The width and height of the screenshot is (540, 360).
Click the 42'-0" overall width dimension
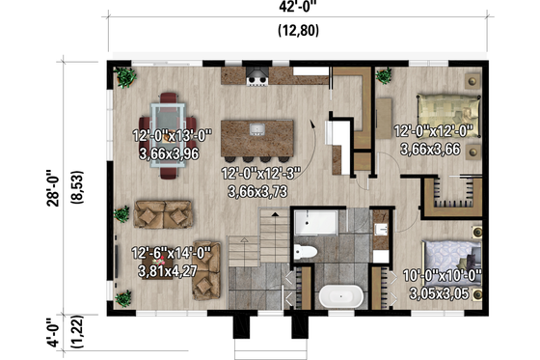tap(299, 10)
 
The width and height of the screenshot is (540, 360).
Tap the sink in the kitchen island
tap(256, 128)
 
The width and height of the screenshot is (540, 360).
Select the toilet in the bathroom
tap(306, 252)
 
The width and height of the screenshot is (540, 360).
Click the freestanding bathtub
tap(339, 295)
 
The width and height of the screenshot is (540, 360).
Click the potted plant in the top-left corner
tap(125, 76)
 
